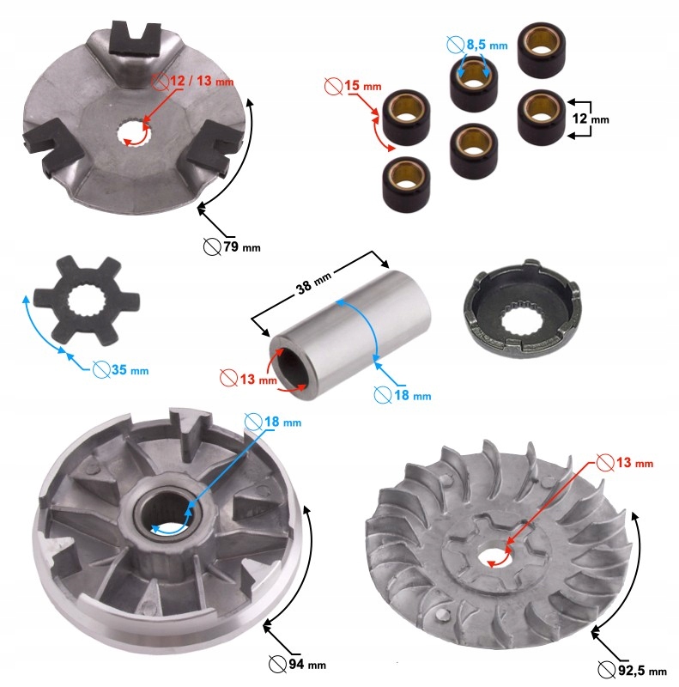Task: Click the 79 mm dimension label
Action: click(232, 246)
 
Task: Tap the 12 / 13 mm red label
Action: click(193, 81)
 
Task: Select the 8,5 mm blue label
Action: click(477, 45)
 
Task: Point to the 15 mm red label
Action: click(353, 85)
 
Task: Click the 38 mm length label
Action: click(314, 283)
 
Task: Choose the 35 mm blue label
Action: click(121, 370)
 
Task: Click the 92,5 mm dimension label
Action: click(632, 670)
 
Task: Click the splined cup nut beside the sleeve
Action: click(521, 309)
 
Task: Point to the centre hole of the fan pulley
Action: click(497, 557)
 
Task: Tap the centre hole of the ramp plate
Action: click(134, 133)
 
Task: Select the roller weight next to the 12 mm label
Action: click(542, 116)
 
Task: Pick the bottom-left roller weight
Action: click(407, 184)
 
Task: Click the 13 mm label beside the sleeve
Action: click(248, 378)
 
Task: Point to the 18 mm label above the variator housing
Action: click(273, 422)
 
